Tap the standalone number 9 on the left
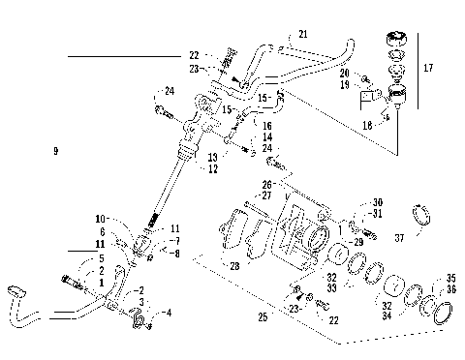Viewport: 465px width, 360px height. pyautogui.click(x=56, y=151)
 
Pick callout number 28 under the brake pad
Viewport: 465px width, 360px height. pyautogui.click(x=233, y=265)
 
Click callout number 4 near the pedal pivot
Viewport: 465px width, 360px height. pyautogui.click(x=168, y=312)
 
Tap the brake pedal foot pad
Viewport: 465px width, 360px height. pyautogui.click(x=15, y=290)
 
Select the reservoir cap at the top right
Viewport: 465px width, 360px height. pyautogui.click(x=394, y=40)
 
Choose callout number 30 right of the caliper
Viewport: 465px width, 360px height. pyautogui.click(x=377, y=202)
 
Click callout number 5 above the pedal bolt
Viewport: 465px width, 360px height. pyautogui.click(x=101, y=259)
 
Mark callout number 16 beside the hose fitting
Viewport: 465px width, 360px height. pyautogui.click(x=267, y=126)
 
